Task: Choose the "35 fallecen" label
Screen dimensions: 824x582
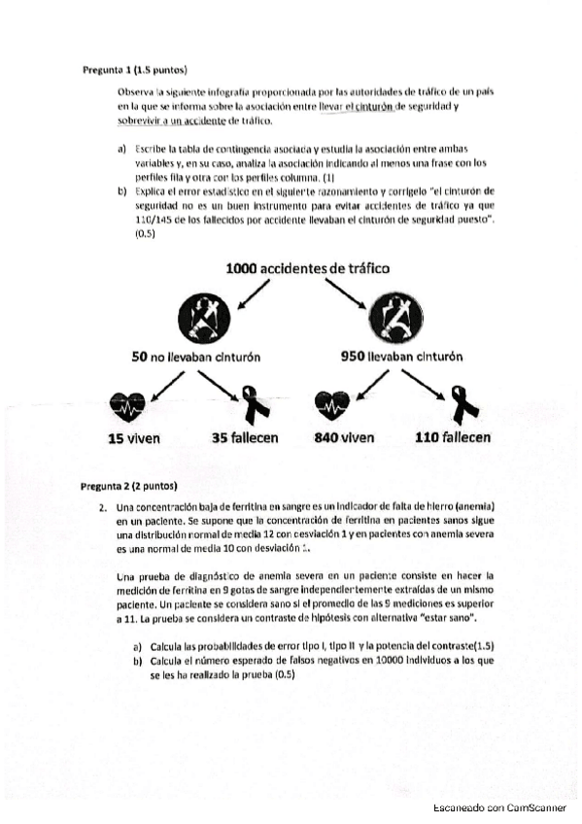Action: click(245, 438)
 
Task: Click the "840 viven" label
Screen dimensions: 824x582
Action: click(344, 438)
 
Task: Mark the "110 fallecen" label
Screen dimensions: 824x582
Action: click(452, 438)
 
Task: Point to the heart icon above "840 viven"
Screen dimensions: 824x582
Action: click(331, 401)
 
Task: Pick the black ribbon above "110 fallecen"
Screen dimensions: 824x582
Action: click(461, 402)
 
